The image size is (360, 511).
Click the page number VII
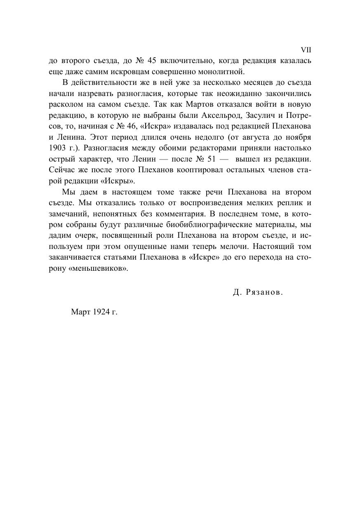[306, 50]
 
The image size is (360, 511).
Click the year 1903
[57, 147]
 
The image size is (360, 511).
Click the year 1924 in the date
[100, 312]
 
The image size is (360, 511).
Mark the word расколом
[65, 104]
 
